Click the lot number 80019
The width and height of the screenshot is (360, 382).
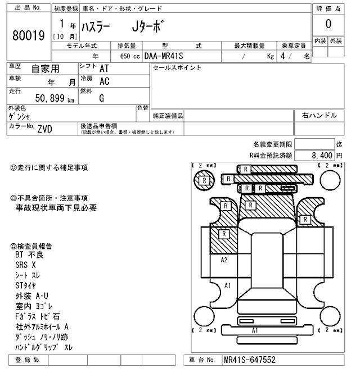[x=28, y=37]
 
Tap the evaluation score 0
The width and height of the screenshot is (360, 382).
[x=328, y=24]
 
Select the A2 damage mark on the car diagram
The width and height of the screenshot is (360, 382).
[x=224, y=260]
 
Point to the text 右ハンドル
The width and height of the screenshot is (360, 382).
[x=319, y=116]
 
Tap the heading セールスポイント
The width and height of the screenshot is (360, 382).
[x=177, y=68]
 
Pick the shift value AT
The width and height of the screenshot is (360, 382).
[x=104, y=68]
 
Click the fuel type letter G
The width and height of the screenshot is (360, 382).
[x=102, y=98]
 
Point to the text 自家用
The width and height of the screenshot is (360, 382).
[x=44, y=69]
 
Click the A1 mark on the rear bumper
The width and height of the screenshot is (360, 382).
[x=254, y=330]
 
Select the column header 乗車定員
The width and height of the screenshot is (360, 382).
[x=293, y=46]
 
